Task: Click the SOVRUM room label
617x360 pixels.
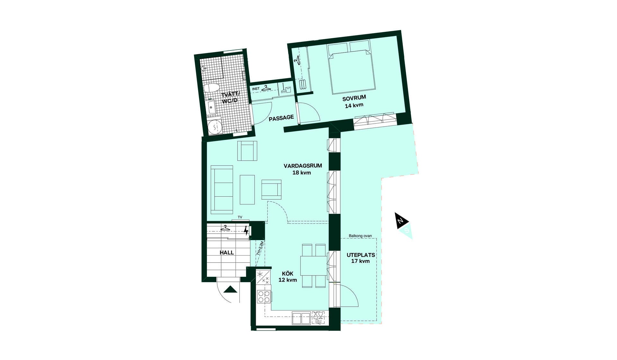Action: click(x=354, y=97)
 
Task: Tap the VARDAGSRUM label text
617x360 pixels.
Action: click(x=303, y=166)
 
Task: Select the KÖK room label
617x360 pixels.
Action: click(x=288, y=274)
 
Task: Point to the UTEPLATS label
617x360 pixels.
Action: click(x=361, y=255)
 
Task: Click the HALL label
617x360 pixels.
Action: click(x=227, y=253)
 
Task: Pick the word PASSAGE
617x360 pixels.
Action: click(x=281, y=118)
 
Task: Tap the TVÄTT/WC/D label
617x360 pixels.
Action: click(x=230, y=97)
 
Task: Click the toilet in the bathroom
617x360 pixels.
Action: click(x=212, y=88)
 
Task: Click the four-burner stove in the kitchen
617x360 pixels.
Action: click(x=264, y=297)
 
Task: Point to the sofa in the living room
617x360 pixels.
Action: click(x=222, y=190)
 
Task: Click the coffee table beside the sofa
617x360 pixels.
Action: click(x=247, y=190)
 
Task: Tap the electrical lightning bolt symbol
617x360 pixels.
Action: click(x=246, y=231)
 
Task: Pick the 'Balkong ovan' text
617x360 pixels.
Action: click(x=360, y=236)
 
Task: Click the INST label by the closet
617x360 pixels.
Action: click(x=256, y=89)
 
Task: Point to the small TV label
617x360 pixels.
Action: click(x=240, y=218)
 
